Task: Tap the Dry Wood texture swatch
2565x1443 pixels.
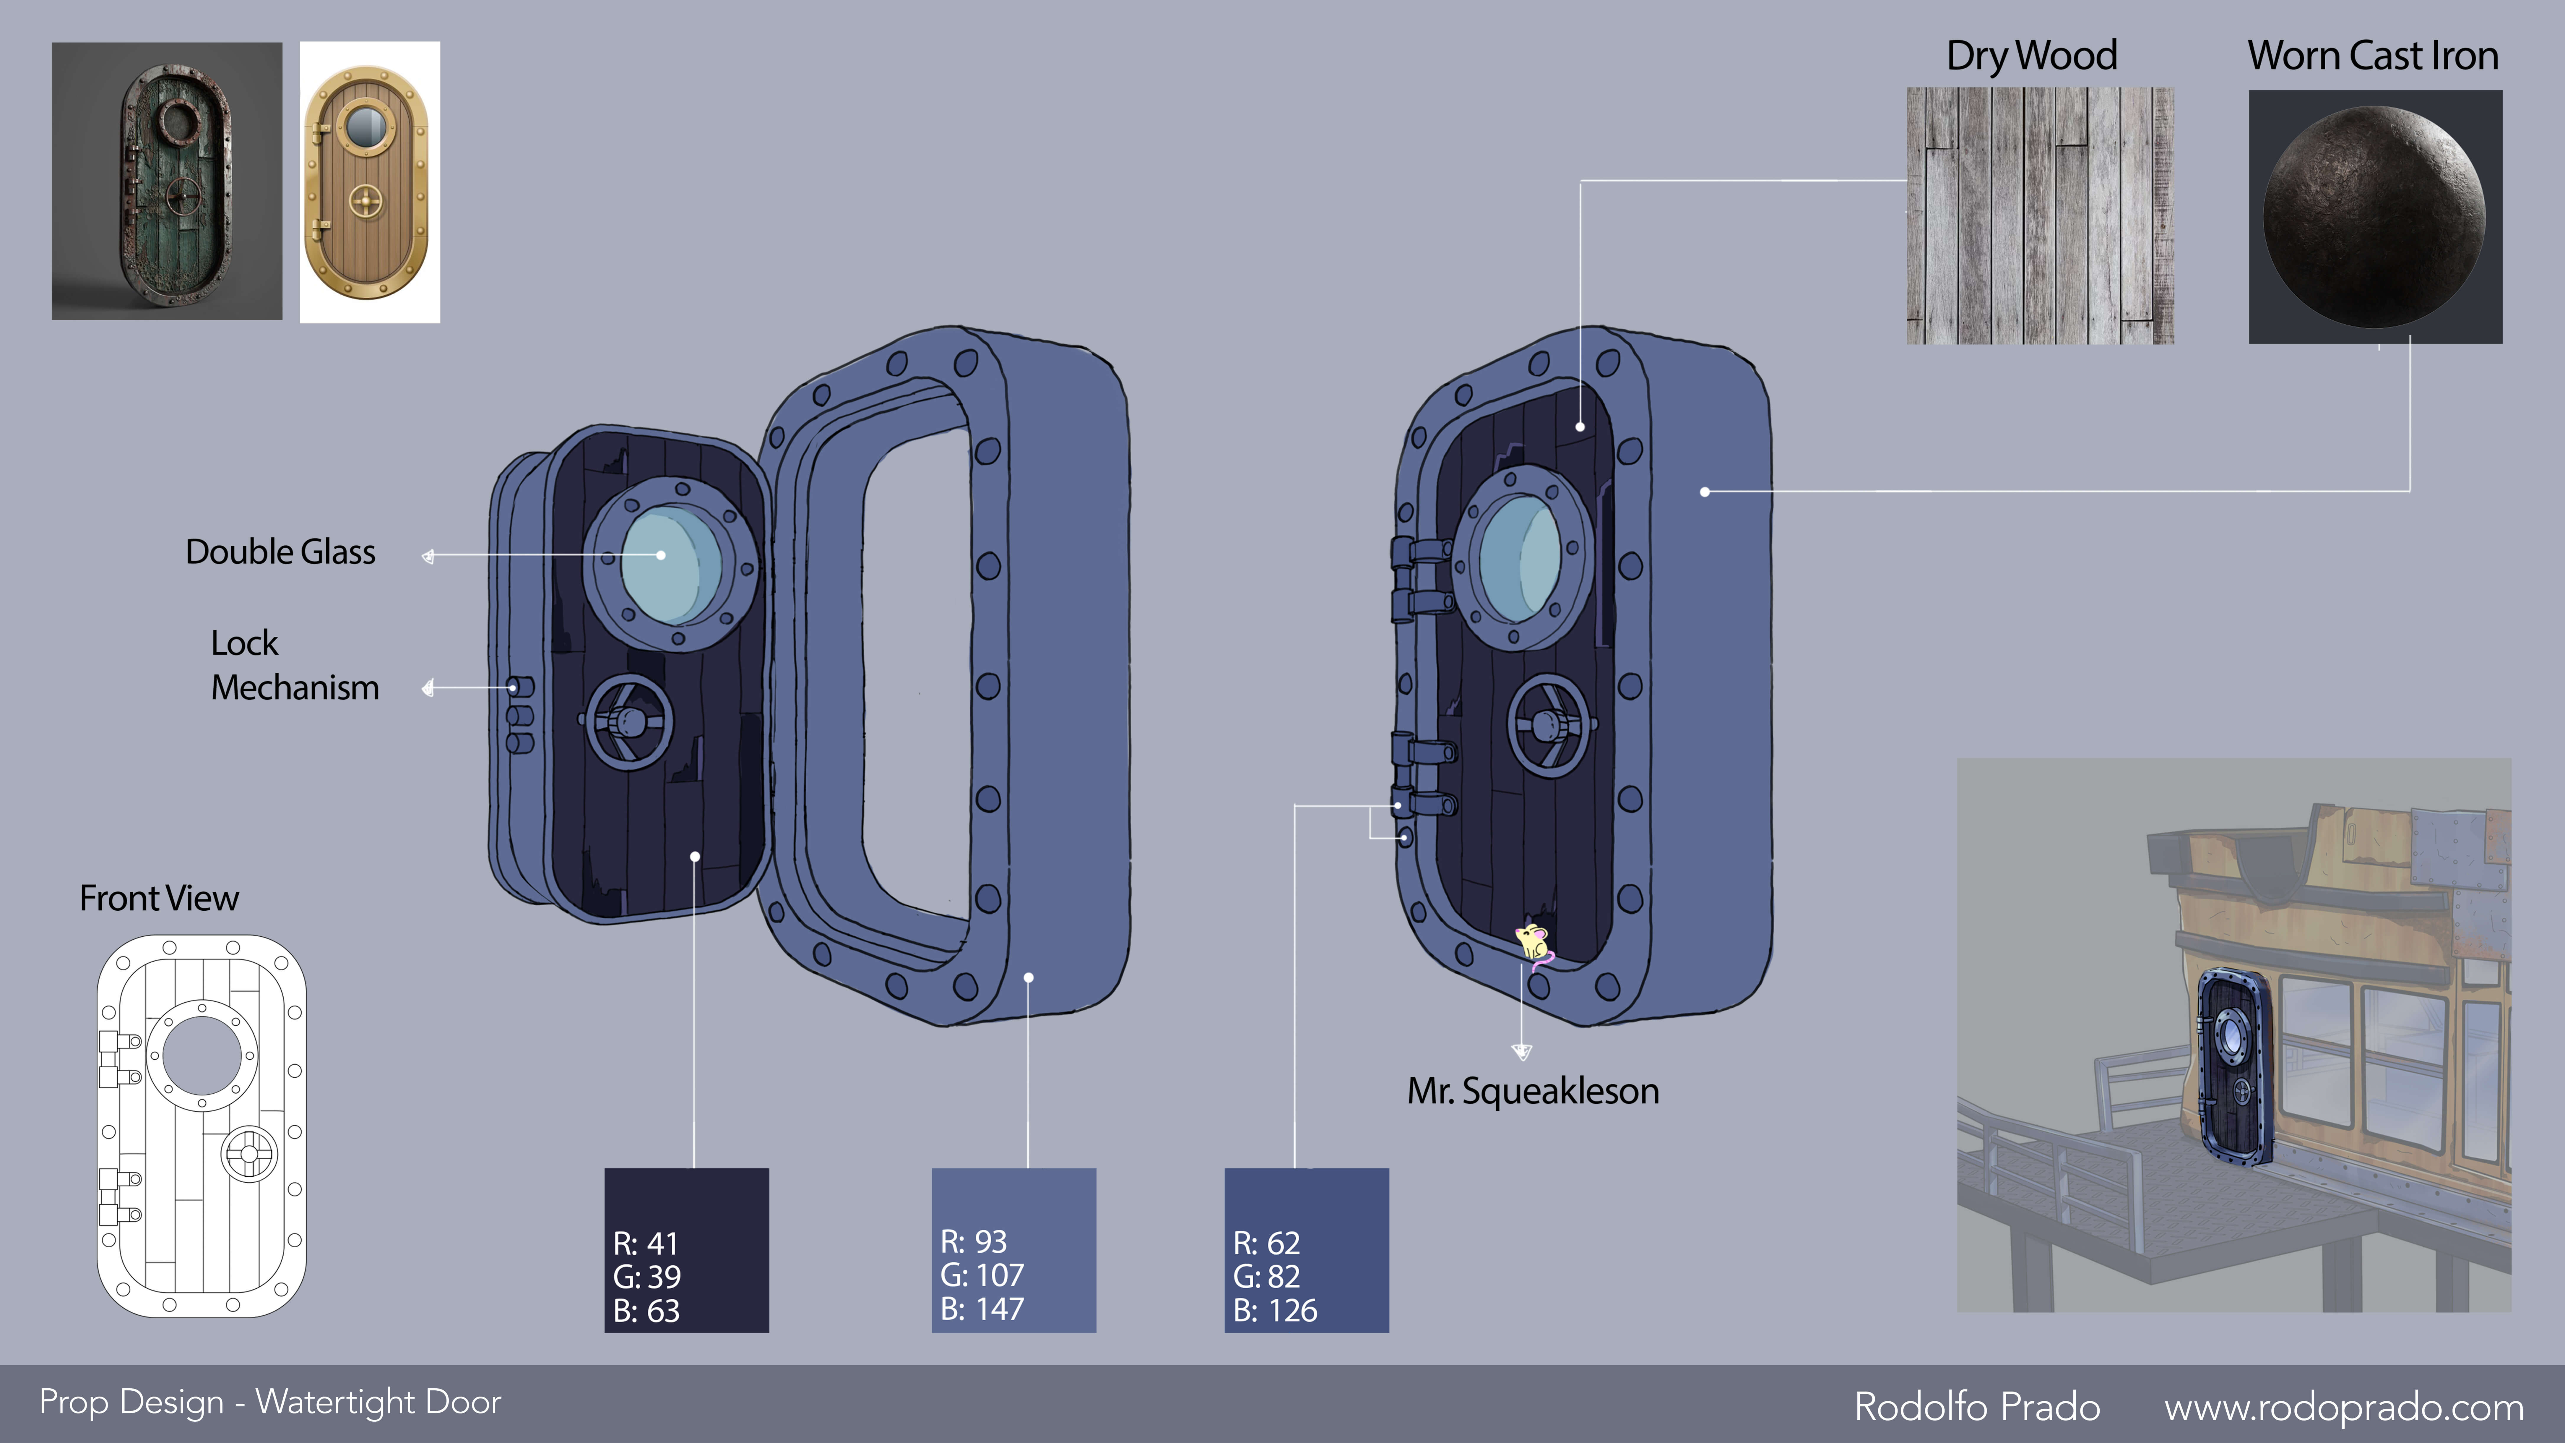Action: pyautogui.click(x=2039, y=216)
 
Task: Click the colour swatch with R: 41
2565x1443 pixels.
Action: pyautogui.click(x=686, y=1250)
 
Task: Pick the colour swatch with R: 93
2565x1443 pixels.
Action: pyautogui.click(x=1014, y=1250)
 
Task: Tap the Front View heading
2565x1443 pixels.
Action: pyautogui.click(x=159, y=898)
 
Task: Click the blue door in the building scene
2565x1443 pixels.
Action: pyautogui.click(x=2236, y=1066)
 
